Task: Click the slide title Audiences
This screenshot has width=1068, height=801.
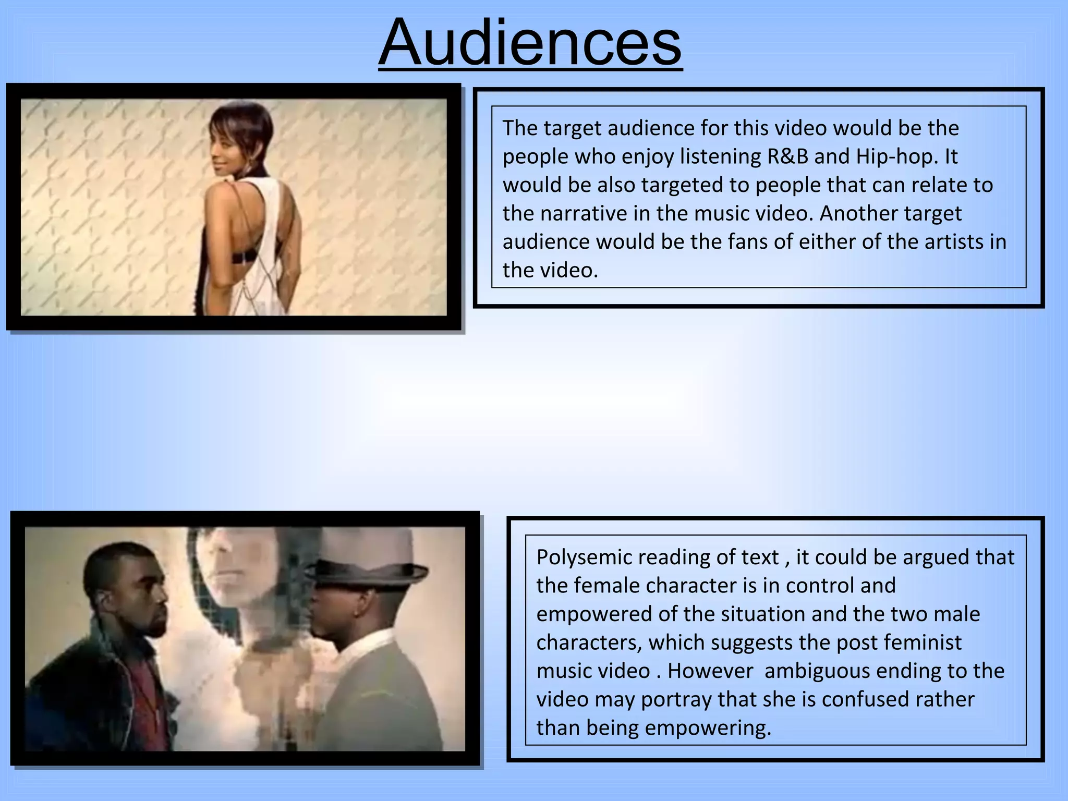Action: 530,43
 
